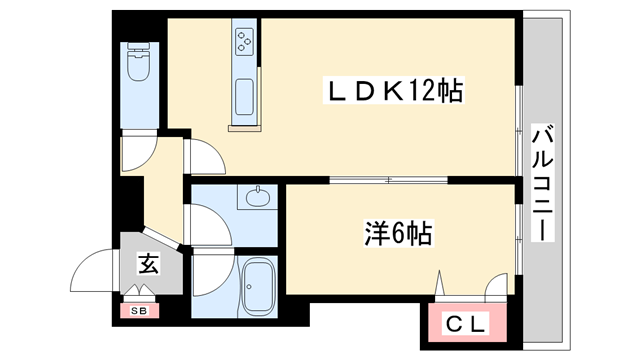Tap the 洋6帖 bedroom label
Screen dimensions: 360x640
(x=397, y=235)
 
